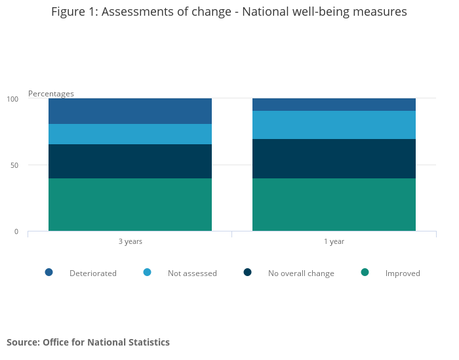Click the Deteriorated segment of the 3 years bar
tap(130, 111)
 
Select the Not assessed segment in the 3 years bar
tap(130, 134)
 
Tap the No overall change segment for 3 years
tap(130, 161)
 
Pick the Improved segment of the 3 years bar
tap(130, 205)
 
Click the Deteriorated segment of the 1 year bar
tap(334, 104)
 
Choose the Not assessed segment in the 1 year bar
tap(334, 125)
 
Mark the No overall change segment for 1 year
tap(334, 159)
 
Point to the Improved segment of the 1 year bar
tap(334, 205)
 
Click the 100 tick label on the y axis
tap(13, 99)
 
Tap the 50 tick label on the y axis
tap(14, 165)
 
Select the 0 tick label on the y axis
tap(16, 231)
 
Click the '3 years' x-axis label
tap(130, 241)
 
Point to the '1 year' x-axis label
tap(334, 241)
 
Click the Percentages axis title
tap(51, 94)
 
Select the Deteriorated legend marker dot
tap(49, 272)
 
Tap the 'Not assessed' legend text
tap(192, 273)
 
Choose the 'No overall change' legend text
tap(301, 273)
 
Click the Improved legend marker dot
tap(365, 272)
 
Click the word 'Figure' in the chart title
tap(70, 12)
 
